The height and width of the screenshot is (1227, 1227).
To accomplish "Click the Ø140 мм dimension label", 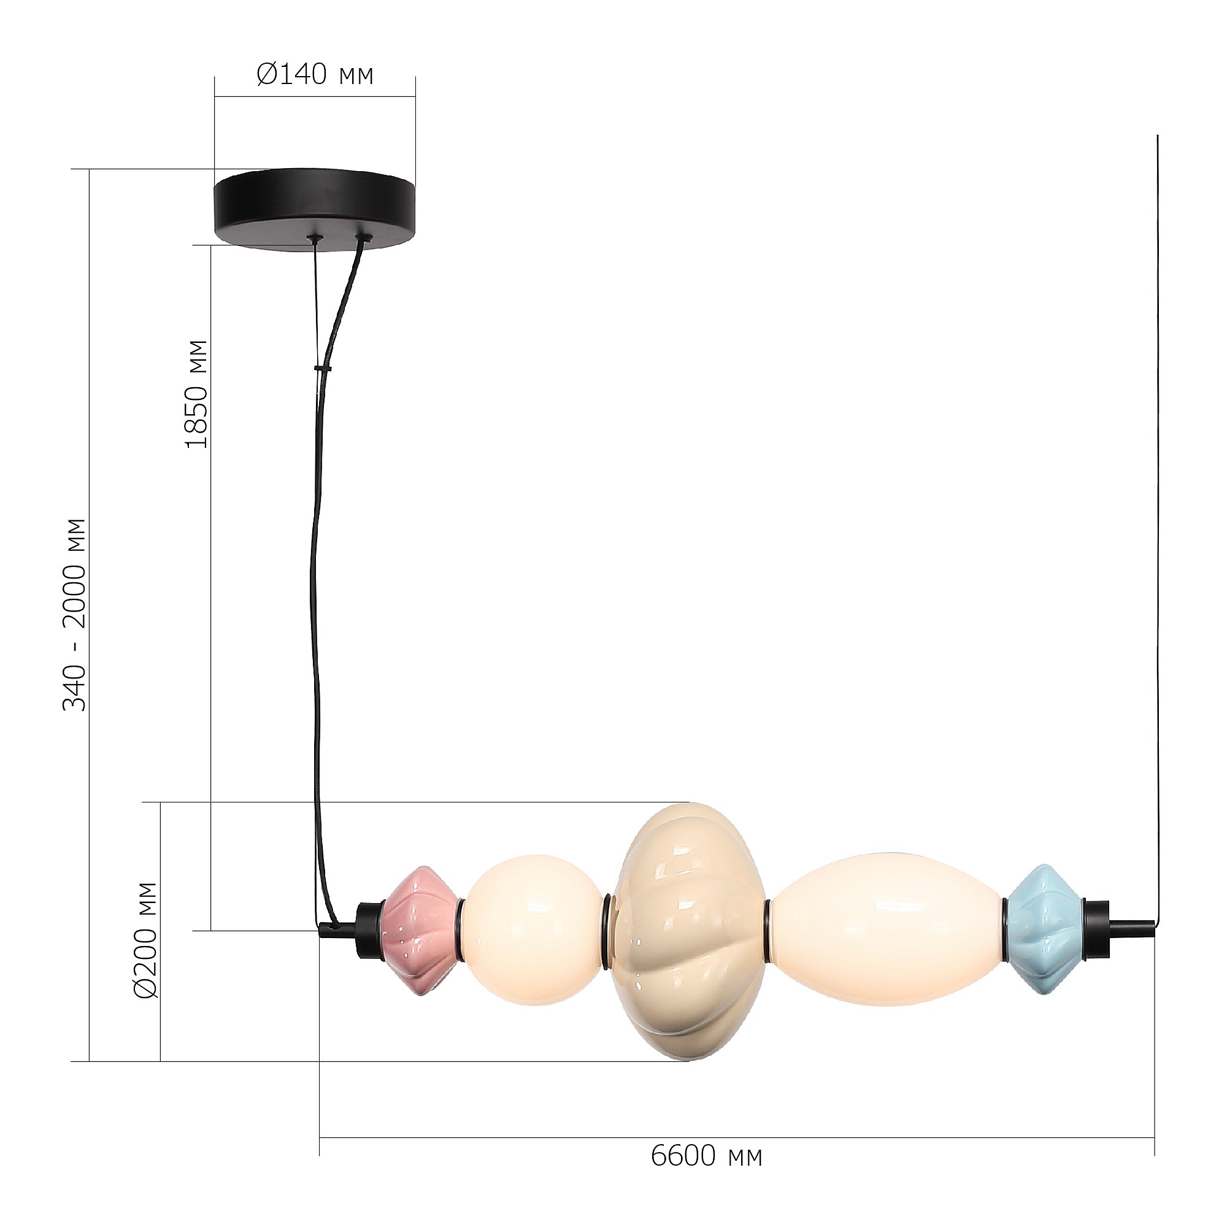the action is pos(315,75).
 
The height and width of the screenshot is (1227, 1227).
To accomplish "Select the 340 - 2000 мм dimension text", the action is pos(74,615).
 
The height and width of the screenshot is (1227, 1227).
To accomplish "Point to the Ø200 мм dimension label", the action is pos(146,940).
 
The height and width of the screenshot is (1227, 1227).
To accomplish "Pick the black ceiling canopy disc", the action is pos(315,210).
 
